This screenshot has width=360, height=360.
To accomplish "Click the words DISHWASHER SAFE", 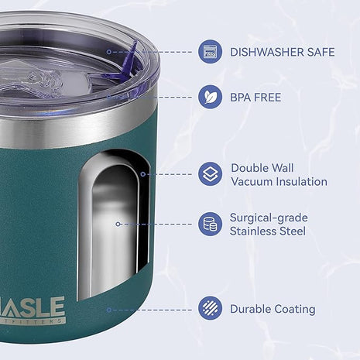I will (282, 53).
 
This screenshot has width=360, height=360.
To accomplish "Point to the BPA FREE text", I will (255, 98).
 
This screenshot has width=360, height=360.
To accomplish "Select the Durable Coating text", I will (272, 309).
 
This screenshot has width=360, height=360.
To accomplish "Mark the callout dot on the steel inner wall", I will (117, 224).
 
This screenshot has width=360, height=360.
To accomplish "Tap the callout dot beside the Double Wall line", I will (142, 174).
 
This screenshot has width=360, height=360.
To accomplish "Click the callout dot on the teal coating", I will (109, 309).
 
